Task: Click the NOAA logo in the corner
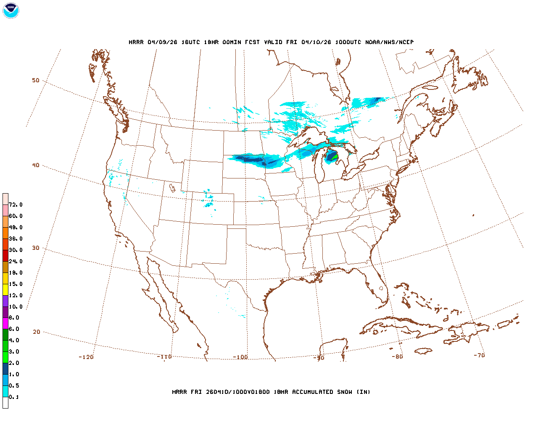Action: coord(11,10)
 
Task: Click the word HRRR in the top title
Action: coord(136,42)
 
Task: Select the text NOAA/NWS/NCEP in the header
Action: coord(389,42)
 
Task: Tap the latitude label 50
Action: coord(36,80)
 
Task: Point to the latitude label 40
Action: coord(36,165)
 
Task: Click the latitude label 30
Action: coord(36,248)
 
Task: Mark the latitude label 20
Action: coord(37,332)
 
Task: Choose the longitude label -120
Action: coord(86,357)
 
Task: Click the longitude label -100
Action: coord(240,357)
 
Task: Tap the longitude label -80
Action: coord(397,357)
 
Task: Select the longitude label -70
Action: coord(479,355)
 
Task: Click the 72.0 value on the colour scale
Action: coord(16,205)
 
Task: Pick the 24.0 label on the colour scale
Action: coord(16,261)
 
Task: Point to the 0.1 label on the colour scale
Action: coord(14,397)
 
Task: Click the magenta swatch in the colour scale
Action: coord(5,323)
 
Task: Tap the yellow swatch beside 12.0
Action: coord(5,289)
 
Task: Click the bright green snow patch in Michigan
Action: coord(335,157)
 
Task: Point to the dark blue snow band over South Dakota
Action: coord(250,159)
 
